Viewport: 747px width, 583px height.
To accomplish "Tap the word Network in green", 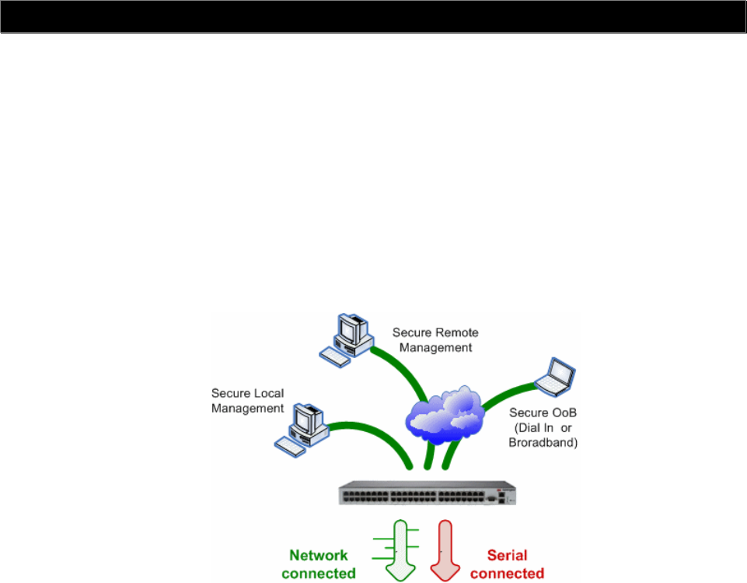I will click(319, 556).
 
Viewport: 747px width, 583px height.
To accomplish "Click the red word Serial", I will click(507, 556).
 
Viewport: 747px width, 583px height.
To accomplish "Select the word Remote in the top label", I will click(456, 332).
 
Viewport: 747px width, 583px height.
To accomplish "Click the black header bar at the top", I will click(373, 16).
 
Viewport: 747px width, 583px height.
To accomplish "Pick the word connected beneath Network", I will click(319, 574).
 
